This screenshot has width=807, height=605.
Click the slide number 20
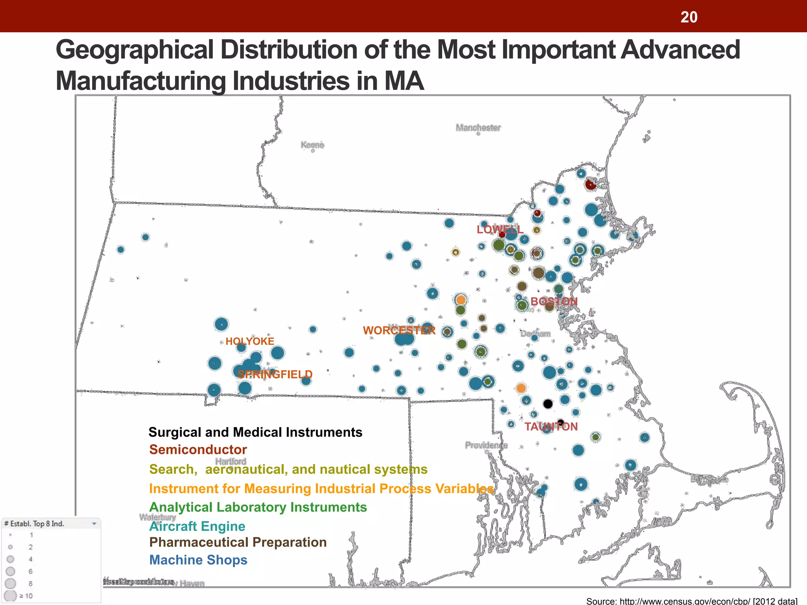coord(689,17)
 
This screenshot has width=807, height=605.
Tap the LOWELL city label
coord(500,229)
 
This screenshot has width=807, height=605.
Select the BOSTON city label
coord(554,301)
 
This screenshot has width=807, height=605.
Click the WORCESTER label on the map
coord(399,330)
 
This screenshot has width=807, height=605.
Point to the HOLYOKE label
coord(250,341)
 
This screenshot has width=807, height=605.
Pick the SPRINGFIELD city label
coord(275,374)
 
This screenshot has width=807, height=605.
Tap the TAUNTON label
coord(551,427)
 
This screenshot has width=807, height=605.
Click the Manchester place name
coord(478,128)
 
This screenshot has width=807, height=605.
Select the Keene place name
coord(312,145)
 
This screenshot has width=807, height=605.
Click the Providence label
coord(486,445)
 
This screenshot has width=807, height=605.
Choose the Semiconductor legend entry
coord(198,449)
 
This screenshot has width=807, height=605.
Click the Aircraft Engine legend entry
coord(197,526)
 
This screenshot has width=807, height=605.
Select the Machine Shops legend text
coord(198,560)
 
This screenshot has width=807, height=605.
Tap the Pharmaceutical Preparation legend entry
coord(238,542)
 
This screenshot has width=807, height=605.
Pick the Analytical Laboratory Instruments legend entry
coord(258,507)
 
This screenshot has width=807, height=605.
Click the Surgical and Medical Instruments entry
coord(255,432)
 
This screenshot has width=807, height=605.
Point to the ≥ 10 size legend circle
coord(11,596)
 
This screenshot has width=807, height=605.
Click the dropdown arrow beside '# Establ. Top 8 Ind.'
coord(94,523)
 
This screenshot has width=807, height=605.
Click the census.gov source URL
coord(685,601)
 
